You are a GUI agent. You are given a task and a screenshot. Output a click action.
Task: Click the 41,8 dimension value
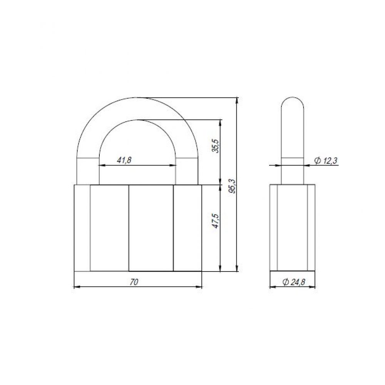click(x=124, y=160)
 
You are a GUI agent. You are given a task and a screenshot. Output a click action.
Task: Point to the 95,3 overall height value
click(x=232, y=186)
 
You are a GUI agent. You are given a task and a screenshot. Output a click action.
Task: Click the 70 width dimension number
click(x=134, y=282)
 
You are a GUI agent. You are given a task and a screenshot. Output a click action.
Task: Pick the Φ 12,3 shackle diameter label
click(x=326, y=161)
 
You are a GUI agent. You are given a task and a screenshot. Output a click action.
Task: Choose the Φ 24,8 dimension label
click(x=294, y=282)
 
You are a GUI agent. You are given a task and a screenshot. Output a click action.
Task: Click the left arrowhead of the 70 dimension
click(x=77, y=286)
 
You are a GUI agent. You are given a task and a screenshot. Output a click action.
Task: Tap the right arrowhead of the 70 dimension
click(x=199, y=286)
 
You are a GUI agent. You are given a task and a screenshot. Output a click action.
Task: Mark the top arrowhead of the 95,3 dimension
click(x=237, y=101)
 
